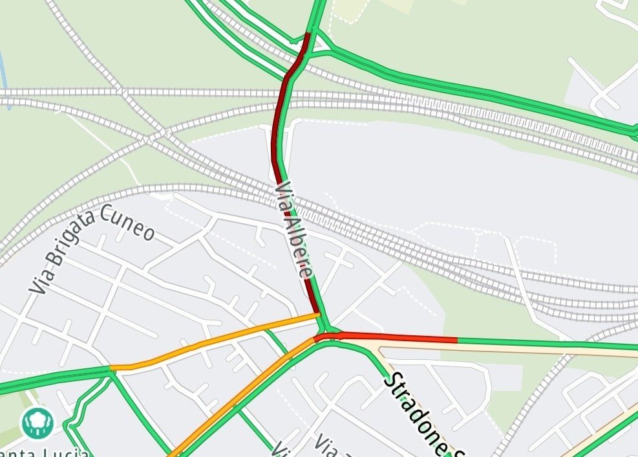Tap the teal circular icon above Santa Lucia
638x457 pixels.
[36, 422]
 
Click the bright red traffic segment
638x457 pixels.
[394, 337]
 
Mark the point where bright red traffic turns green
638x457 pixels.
[457, 339]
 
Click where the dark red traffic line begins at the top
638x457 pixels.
[308, 34]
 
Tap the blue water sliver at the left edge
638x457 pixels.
[3, 71]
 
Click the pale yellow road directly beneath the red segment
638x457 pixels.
[452, 349]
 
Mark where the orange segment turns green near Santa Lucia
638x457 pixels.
[112, 368]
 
